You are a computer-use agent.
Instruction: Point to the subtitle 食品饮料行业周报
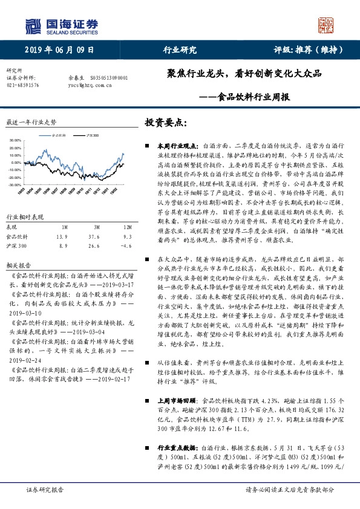[x=252, y=97]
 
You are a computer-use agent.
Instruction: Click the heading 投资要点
[x=165, y=123]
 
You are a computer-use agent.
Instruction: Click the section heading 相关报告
[x=16, y=265]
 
